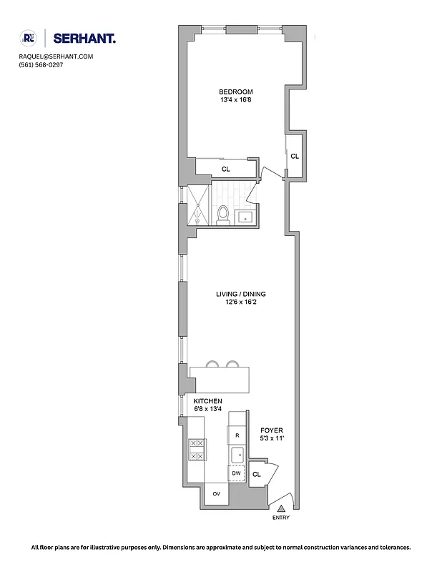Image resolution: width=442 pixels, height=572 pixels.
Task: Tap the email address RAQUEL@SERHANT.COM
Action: click(56, 56)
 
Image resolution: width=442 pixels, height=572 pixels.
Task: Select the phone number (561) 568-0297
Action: click(41, 65)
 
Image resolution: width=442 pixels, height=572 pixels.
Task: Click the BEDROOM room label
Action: click(235, 92)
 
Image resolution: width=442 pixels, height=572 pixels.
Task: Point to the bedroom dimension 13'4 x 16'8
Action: click(235, 100)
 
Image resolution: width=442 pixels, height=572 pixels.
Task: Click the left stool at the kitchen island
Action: click(212, 365)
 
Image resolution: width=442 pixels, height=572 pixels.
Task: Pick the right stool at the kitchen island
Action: click(232, 365)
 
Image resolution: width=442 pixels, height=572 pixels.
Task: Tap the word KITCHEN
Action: click(207, 401)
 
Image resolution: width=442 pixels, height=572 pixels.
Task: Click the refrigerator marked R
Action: click(237, 434)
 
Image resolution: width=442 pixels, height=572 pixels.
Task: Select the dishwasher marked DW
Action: click(237, 473)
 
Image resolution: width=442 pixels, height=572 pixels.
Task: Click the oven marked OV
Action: click(216, 493)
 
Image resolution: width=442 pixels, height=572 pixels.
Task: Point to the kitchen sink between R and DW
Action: click(237, 454)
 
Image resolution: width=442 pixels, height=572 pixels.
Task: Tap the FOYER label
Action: click(272, 431)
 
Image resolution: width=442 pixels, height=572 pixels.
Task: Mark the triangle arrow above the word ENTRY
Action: click(280, 507)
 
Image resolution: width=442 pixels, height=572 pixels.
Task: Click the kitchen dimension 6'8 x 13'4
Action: click(207, 410)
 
